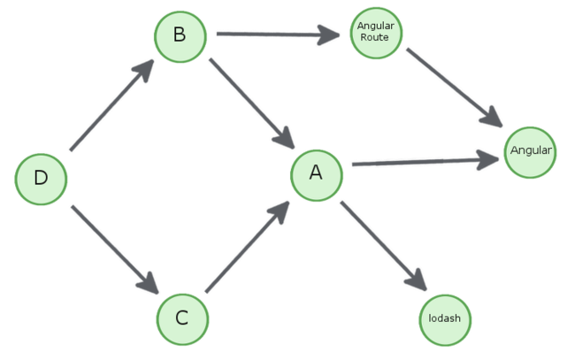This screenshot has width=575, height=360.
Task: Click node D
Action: (42, 178)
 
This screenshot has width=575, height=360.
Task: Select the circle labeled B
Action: (180, 35)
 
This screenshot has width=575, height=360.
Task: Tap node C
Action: (183, 317)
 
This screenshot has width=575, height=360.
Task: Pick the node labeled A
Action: (317, 173)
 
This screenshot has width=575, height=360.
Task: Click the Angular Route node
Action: (375, 33)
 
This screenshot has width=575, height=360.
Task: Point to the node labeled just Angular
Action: (531, 151)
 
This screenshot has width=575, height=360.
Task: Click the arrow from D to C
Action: (112, 249)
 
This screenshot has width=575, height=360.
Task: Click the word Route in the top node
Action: (375, 38)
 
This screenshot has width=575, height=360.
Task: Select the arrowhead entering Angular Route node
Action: (328, 35)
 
